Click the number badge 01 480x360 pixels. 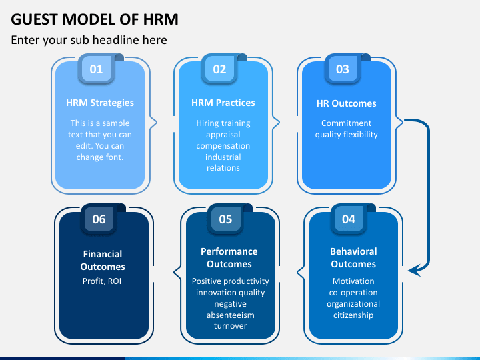coord(97,69)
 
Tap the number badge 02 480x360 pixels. coord(219,69)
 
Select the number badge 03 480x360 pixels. coord(343,69)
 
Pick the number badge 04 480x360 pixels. coord(349,219)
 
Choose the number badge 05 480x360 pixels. coord(225,219)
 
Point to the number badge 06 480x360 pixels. coord(99,219)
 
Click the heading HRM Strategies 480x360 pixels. coord(100,103)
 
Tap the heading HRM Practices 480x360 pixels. coord(223,103)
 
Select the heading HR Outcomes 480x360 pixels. coord(346,103)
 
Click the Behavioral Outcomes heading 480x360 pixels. coord(353,258)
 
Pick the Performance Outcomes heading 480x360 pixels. coord(229,258)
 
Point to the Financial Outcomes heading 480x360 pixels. coord(103,260)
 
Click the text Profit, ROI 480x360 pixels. coord(102,281)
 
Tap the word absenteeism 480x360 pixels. coord(230,315)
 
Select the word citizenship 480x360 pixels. coord(353,315)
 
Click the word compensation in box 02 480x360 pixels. coord(223,146)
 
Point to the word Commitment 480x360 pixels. coord(346,123)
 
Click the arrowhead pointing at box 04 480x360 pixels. coord(414,271)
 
